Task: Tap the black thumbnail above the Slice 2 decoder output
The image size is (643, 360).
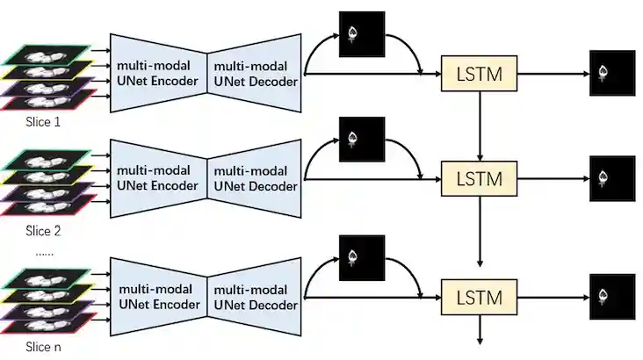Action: [x=361, y=140]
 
